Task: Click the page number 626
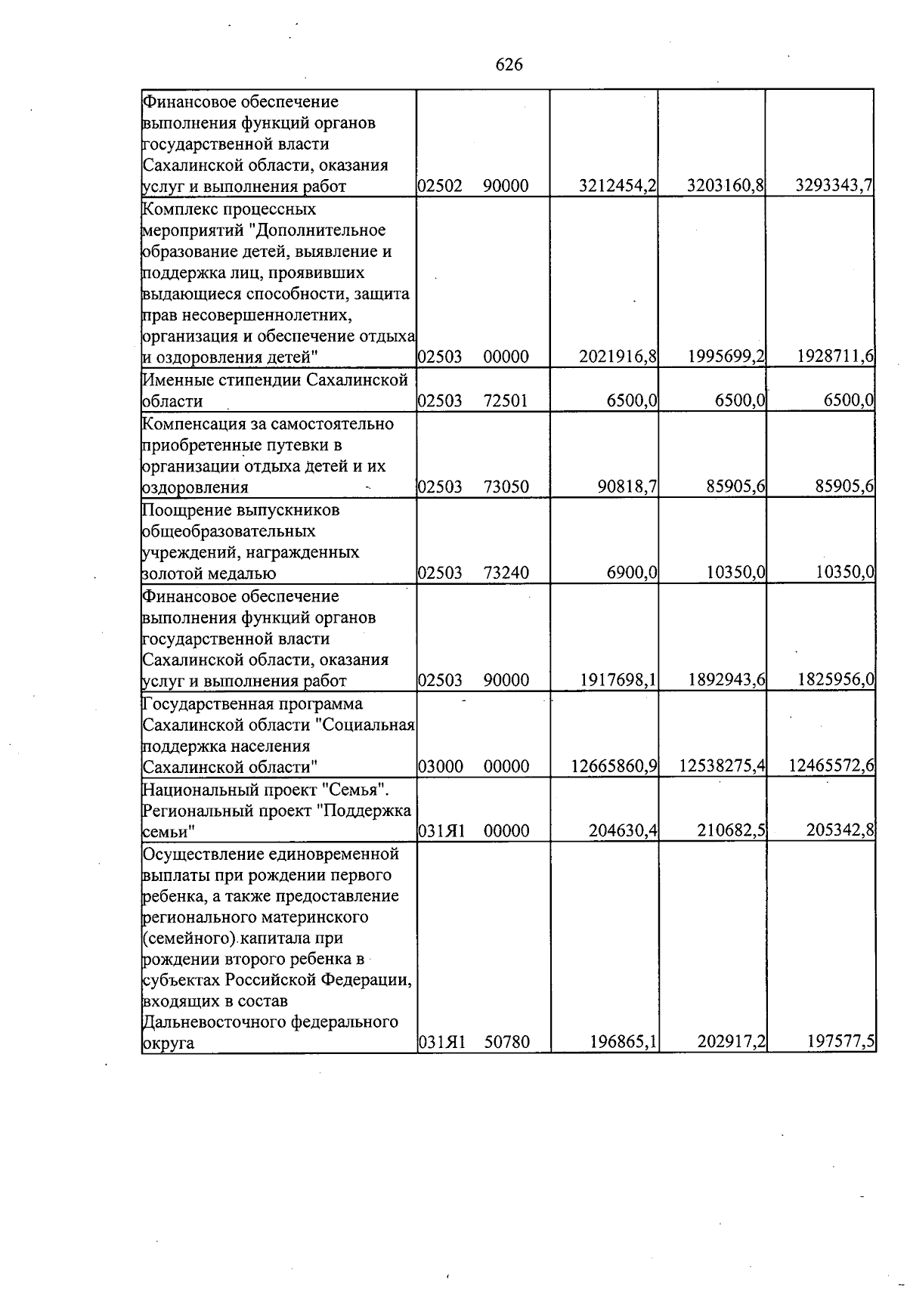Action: (x=509, y=65)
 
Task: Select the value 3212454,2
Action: (x=617, y=186)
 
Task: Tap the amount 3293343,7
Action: (x=834, y=186)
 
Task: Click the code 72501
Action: (x=506, y=400)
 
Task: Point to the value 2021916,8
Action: (x=617, y=357)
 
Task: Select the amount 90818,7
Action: (x=627, y=487)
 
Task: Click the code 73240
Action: (x=506, y=573)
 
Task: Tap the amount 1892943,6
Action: (x=727, y=680)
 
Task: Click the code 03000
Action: (x=440, y=767)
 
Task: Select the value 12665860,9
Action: (x=613, y=767)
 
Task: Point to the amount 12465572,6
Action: (x=831, y=767)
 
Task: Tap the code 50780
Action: (x=506, y=1043)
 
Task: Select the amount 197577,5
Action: (x=839, y=1043)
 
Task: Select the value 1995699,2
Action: (x=727, y=357)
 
